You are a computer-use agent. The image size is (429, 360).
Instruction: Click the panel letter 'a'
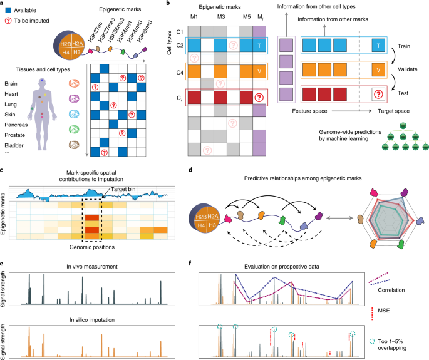click(4, 4)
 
